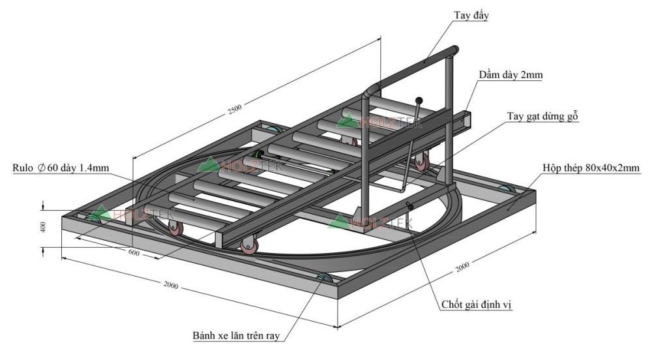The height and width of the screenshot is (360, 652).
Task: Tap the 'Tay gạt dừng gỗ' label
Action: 543,116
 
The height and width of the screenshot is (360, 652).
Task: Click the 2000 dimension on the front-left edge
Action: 171,285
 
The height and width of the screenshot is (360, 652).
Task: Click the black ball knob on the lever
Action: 419,100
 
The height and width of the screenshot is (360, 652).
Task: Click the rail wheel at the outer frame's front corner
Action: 324,281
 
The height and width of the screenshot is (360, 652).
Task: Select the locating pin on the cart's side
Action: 411,206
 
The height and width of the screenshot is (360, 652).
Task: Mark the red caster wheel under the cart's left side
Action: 175,228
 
